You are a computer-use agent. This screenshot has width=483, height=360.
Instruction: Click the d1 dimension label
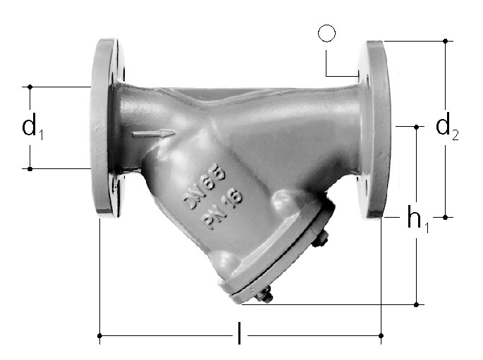coord(32,127)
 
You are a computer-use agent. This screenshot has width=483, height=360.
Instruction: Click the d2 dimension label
coord(447,126)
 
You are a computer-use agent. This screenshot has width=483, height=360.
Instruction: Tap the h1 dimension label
coord(418,218)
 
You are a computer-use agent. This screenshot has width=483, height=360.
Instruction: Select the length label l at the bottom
coord(239,333)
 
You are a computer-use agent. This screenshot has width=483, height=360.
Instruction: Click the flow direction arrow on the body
coord(154,134)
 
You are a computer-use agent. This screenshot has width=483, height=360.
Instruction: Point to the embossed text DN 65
coord(203,188)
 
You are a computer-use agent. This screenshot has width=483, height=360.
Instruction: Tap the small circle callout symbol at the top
coord(327,33)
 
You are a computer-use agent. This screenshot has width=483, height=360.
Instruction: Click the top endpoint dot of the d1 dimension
coord(30,87)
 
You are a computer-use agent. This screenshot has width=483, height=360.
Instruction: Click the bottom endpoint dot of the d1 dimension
coord(30,169)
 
